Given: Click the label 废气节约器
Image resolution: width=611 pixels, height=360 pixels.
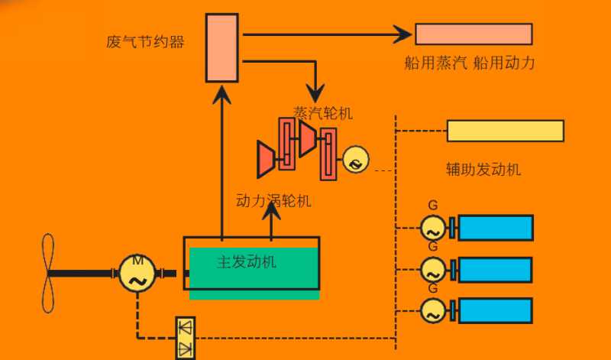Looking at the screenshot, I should tap(145, 41).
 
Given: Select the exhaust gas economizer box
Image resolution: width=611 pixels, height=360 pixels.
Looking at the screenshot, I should tap(222, 47).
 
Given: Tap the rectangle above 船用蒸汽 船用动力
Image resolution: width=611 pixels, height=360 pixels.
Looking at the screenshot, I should tap(474, 34).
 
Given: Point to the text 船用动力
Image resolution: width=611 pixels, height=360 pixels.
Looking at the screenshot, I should tap(504, 63).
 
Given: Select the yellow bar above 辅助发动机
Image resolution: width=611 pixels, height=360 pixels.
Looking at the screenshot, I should tap(505, 131).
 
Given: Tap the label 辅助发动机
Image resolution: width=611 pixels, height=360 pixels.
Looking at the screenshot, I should tap(483, 169).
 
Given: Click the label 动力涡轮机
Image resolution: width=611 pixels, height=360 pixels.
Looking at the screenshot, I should tap(273, 202).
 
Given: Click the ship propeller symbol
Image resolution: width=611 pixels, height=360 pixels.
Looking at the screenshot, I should tap(48, 273).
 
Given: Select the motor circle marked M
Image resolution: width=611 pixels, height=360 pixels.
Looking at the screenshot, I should tap(137, 273).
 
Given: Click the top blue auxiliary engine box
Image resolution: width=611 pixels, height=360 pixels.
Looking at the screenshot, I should tap(495, 228).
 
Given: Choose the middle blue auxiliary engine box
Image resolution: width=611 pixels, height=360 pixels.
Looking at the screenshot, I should tap(495, 269).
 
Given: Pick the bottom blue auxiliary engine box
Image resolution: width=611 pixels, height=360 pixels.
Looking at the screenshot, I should tap(495, 310).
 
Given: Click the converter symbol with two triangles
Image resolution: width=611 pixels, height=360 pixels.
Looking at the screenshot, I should tap(185, 336).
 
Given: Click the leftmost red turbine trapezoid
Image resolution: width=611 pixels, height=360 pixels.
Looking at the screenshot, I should tap(267, 159).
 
